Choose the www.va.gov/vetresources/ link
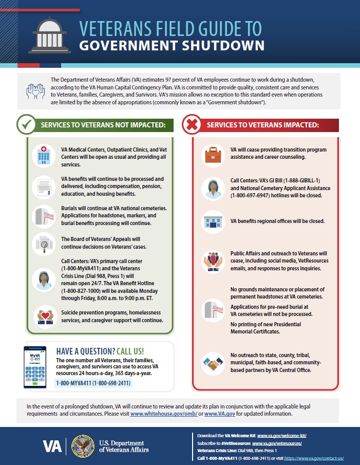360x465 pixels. pyautogui.click(x=283, y=442)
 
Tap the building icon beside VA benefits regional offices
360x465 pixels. pyautogui.click(x=212, y=221)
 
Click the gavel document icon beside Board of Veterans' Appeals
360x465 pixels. pyautogui.click(x=42, y=242)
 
